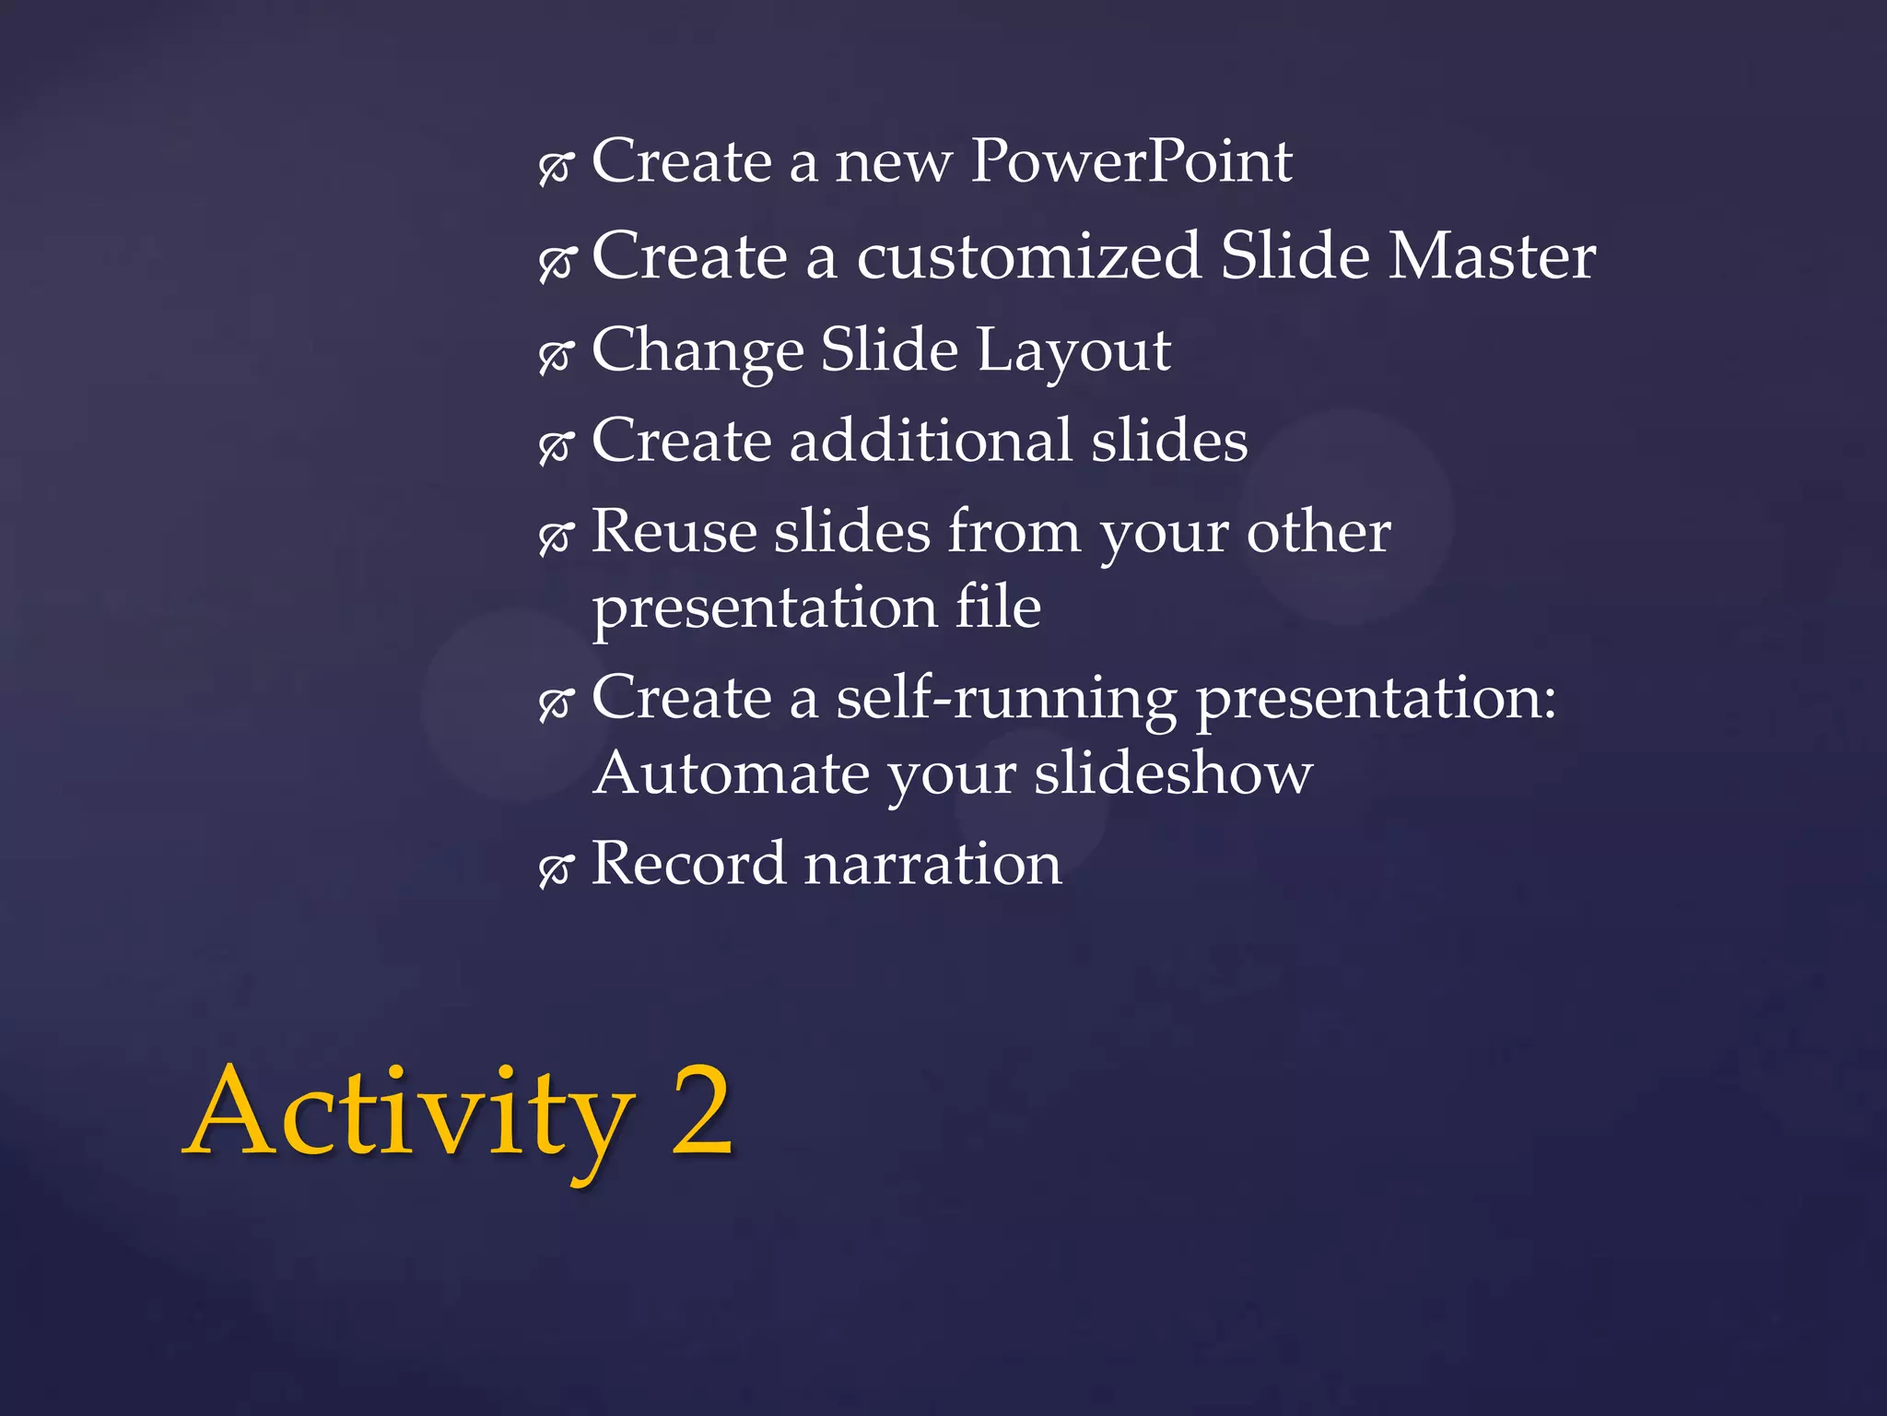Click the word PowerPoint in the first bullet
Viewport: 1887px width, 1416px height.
click(x=1131, y=162)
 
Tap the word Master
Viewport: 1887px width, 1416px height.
click(x=1492, y=256)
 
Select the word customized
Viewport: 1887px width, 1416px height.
click(x=1028, y=256)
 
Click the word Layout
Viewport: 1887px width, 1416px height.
click(x=1073, y=351)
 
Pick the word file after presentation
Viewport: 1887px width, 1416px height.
click(x=998, y=608)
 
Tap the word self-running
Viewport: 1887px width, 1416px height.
click(x=1006, y=699)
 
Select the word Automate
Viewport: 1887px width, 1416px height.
click(x=732, y=773)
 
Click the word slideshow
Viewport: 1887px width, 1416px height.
click(x=1173, y=773)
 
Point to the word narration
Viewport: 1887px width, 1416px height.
click(x=932, y=865)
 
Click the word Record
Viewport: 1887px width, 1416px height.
click(x=687, y=865)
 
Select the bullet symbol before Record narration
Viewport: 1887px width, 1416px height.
click(x=556, y=868)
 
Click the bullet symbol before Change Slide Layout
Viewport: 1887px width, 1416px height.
click(x=556, y=355)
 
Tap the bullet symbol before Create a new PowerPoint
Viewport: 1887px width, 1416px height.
click(x=556, y=167)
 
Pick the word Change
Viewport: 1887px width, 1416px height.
click(x=697, y=351)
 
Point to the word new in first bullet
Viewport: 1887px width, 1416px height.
click(x=892, y=164)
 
